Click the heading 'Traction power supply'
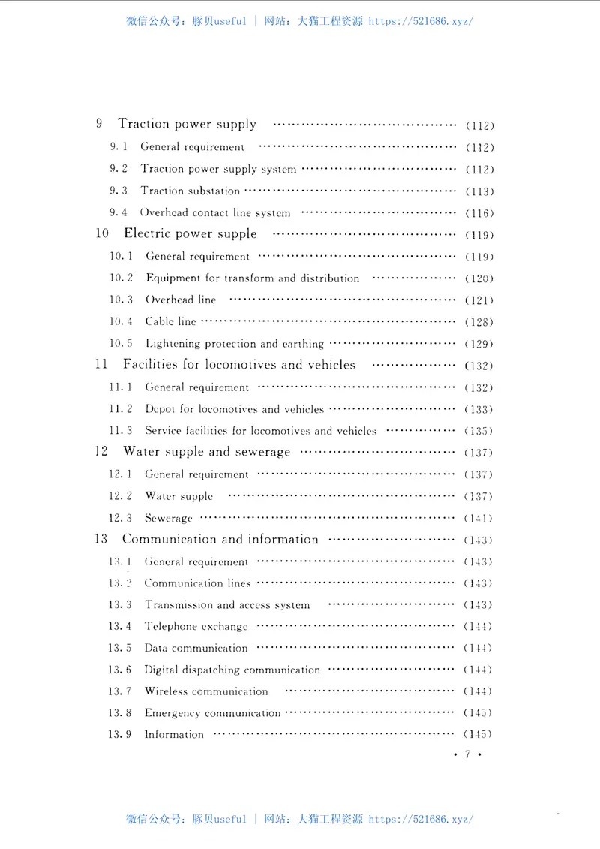pyautogui.click(x=187, y=125)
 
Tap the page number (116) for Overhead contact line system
pyautogui.click(x=479, y=213)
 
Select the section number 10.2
pyautogui.click(x=121, y=278)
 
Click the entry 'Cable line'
pyautogui.click(x=170, y=321)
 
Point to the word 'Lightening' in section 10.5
pyautogui.click(x=172, y=344)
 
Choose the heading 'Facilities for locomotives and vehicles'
pyautogui.click(x=238, y=365)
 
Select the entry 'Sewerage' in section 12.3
pyautogui.click(x=169, y=518)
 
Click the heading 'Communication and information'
pyautogui.click(x=220, y=540)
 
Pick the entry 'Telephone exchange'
pyautogui.click(x=196, y=626)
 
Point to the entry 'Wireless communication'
pyautogui.click(x=205, y=691)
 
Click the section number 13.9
pyautogui.click(x=119, y=734)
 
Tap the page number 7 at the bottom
pyautogui.click(x=466, y=755)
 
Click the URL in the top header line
pyautogui.click(x=421, y=21)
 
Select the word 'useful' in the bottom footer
pyautogui.click(x=229, y=819)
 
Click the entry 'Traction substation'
pyautogui.click(x=190, y=191)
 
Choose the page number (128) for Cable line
pyautogui.click(x=478, y=322)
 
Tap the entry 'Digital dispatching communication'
pyautogui.click(x=232, y=670)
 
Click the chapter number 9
pyautogui.click(x=99, y=125)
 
